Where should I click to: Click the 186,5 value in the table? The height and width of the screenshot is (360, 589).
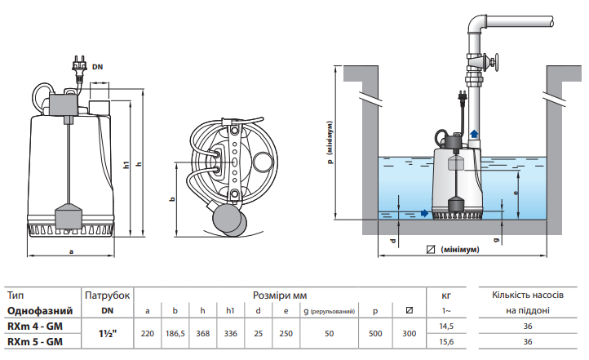pos(175,333)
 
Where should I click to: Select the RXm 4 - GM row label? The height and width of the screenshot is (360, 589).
pos(35,326)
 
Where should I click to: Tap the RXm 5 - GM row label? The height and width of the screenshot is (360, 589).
pos(35,341)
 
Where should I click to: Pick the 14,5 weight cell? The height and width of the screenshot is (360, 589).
pos(446,326)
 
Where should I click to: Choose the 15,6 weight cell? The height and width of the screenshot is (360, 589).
pos(446,341)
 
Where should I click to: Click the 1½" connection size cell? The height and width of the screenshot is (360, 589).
pos(108,333)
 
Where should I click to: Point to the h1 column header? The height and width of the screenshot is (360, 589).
pos(230,311)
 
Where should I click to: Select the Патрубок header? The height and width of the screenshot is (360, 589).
pos(108,296)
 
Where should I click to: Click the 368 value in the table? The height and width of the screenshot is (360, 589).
pos(203,333)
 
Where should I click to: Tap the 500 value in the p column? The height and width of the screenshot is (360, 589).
pos(375,333)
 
